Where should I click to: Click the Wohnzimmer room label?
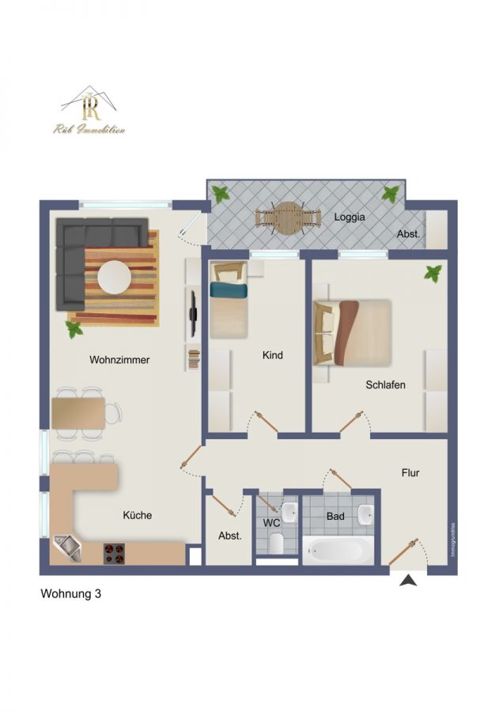119,360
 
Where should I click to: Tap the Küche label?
137,515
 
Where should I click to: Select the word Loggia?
349,215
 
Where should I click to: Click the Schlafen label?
385,385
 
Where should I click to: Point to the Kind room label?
272,356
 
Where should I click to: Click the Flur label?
410,473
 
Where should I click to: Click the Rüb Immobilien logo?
89,111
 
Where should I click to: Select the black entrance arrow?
408,581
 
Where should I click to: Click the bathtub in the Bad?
338,549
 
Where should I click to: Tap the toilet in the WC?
276,543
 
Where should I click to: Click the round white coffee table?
115,277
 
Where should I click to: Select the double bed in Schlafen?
353,332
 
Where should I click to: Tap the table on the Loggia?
289,218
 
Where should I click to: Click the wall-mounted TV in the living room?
192,313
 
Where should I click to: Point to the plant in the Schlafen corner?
433,274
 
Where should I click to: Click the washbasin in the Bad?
365,516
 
